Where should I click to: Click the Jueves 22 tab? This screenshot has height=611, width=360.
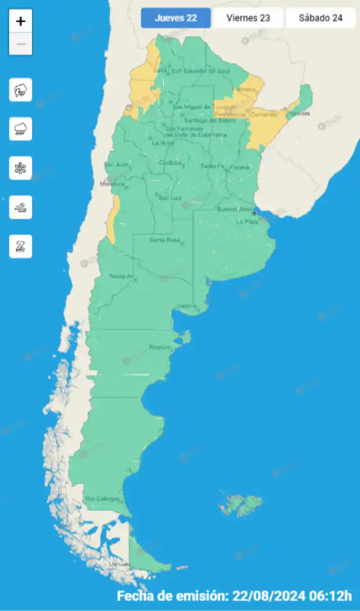point(176,18)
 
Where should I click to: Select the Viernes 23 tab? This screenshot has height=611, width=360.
point(248,18)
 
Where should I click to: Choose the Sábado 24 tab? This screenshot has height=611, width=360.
point(320,18)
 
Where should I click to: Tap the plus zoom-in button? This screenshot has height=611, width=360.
point(20,21)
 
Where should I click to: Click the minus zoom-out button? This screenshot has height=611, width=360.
point(20,44)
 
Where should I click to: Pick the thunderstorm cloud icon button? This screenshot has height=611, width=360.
point(20,90)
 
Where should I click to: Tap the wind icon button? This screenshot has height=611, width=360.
point(20,207)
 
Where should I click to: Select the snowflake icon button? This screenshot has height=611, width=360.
point(20,168)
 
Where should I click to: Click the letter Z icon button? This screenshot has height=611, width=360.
point(20,246)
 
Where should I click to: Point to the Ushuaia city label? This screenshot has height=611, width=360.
point(120,564)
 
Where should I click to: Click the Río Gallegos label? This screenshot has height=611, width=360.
point(102,498)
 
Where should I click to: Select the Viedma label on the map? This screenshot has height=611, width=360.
point(186,305)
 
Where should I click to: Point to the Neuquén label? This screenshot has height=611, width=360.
point(121,276)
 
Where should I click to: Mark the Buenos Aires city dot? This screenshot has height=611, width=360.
point(254,213)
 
